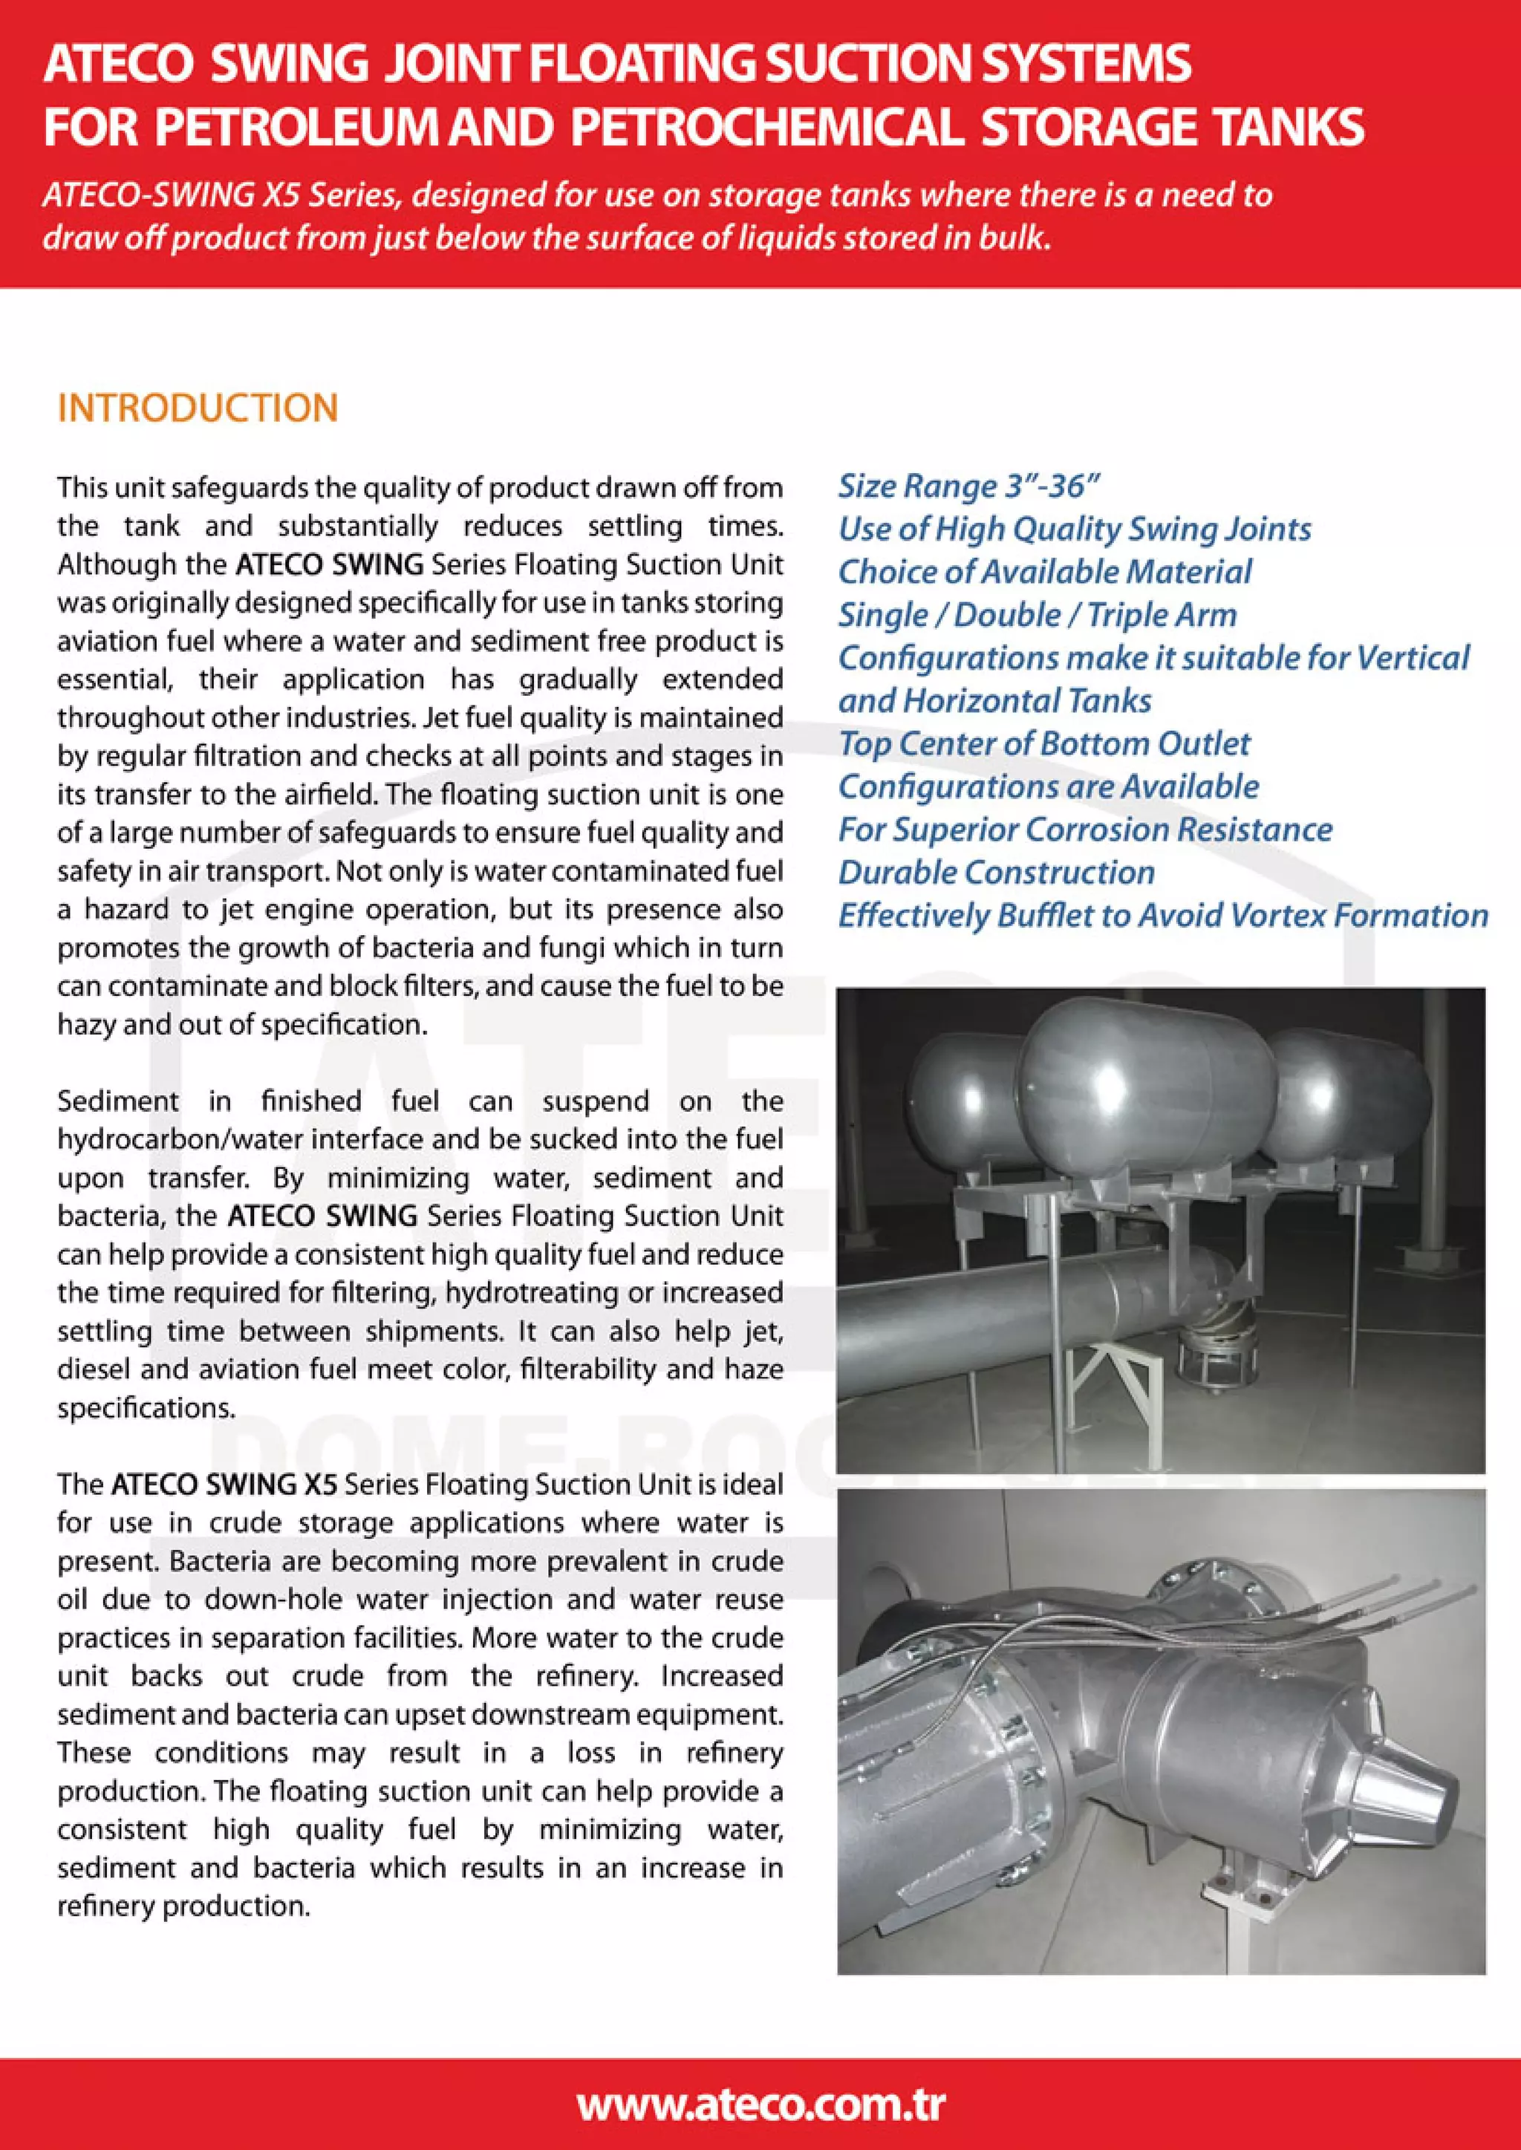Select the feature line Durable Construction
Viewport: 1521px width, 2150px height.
pyautogui.click(x=996, y=872)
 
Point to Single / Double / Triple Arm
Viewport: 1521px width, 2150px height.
pyautogui.click(x=1037, y=615)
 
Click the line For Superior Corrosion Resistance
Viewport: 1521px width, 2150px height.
pyautogui.click(x=1084, y=830)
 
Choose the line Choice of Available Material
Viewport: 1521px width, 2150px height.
pyautogui.click(x=1044, y=572)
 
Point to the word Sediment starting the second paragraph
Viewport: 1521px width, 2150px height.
pyautogui.click(x=117, y=1101)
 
